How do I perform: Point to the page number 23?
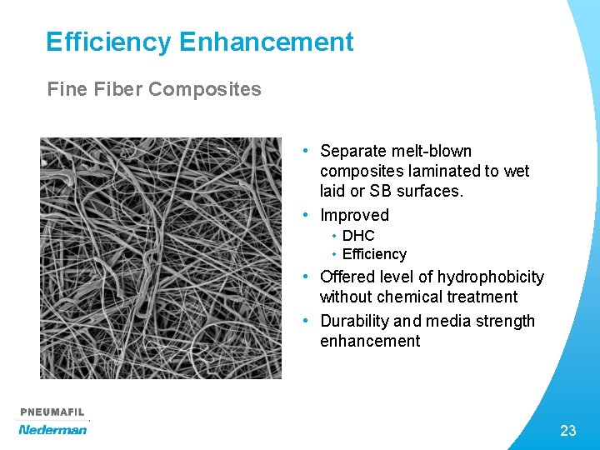tap(568, 431)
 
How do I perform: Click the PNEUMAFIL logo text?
tap(52, 412)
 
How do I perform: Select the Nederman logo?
tap(52, 429)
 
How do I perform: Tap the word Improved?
tap(354, 215)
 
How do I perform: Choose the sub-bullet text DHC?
tap(358, 236)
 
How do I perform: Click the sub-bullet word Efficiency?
tap(374, 254)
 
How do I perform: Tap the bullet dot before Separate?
tap(307, 151)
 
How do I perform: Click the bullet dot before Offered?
tap(307, 277)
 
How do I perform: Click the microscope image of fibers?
tap(161, 258)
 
